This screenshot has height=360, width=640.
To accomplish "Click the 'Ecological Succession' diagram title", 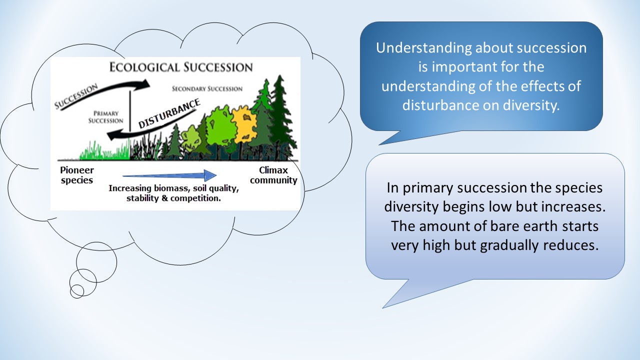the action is pyautogui.click(x=181, y=67).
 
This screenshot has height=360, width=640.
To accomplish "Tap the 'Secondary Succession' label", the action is pyautogui.click(x=207, y=89).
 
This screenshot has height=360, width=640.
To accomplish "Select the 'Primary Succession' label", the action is pyautogui.click(x=105, y=117).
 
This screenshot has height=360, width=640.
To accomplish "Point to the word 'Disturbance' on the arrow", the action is pyautogui.click(x=169, y=113).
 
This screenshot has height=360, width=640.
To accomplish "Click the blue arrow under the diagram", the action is pyautogui.click(x=169, y=175).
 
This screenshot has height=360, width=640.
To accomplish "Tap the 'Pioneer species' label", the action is pyautogui.click(x=77, y=175).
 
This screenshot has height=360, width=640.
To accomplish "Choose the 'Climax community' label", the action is pyautogui.click(x=273, y=175).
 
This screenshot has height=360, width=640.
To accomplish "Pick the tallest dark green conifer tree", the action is pyautogui.click(x=281, y=114).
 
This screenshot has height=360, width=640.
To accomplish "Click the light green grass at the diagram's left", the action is pyautogui.click(x=104, y=152).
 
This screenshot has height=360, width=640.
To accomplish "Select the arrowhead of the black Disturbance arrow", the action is pyautogui.click(x=112, y=134).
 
